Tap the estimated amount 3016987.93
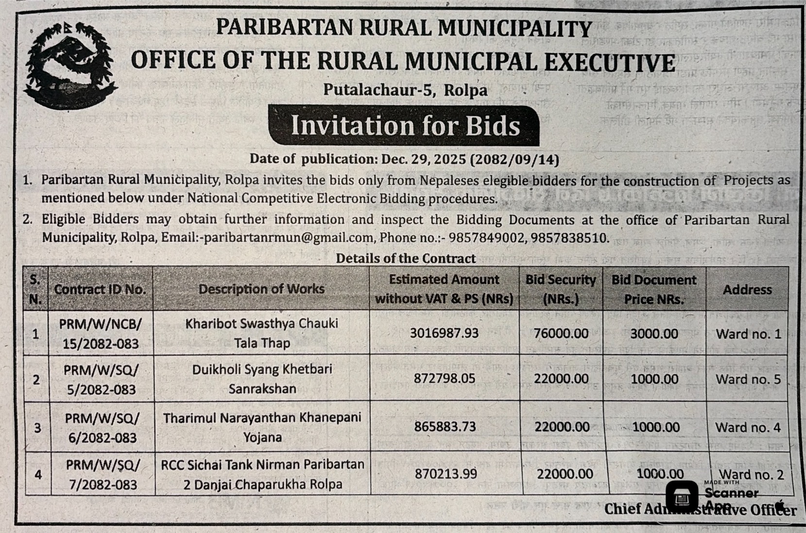[444, 333]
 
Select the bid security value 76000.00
[561, 333]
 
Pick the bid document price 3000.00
[654, 333]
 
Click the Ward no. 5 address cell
[748, 379]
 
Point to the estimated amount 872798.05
[444, 379]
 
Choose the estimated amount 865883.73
[445, 427]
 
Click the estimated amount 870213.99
[446, 474]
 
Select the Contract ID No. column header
[100, 289]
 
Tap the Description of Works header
[261, 289]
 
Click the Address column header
[747, 290]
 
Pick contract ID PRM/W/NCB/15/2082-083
[101, 333]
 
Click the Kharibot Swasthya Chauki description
[262, 333]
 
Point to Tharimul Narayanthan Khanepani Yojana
[262, 427]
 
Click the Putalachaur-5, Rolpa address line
[405, 90]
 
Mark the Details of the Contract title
[406, 258]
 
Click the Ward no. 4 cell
[748, 427]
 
